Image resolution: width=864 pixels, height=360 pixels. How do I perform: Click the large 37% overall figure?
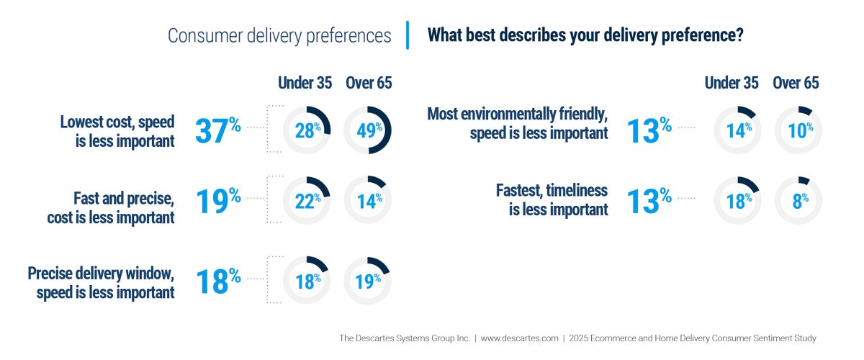(x=217, y=130)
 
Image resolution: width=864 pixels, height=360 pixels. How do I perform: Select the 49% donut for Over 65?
(x=367, y=130)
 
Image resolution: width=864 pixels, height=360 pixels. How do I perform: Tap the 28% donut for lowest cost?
(x=306, y=130)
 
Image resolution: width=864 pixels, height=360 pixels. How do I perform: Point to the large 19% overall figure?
(x=217, y=201)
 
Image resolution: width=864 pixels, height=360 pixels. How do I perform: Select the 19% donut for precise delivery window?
(x=367, y=280)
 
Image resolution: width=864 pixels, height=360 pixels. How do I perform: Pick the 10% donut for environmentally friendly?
(x=798, y=130)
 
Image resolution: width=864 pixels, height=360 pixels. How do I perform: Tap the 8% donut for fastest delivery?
(x=798, y=201)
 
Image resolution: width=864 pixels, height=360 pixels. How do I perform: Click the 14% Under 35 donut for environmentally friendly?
(x=737, y=130)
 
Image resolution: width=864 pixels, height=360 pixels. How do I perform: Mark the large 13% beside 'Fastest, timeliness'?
(x=649, y=201)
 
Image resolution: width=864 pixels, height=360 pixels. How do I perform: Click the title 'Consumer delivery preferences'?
(x=279, y=36)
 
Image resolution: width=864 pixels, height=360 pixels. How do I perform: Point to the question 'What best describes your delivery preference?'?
(x=585, y=35)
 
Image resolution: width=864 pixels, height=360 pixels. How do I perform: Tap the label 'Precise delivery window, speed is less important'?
(x=101, y=282)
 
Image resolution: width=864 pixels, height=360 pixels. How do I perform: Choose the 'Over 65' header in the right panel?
(x=796, y=83)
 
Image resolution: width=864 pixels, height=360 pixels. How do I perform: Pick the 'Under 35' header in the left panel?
(x=305, y=83)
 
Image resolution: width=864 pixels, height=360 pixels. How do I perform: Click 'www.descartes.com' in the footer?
(x=519, y=338)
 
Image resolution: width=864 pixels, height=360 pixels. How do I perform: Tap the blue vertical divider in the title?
(x=408, y=35)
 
